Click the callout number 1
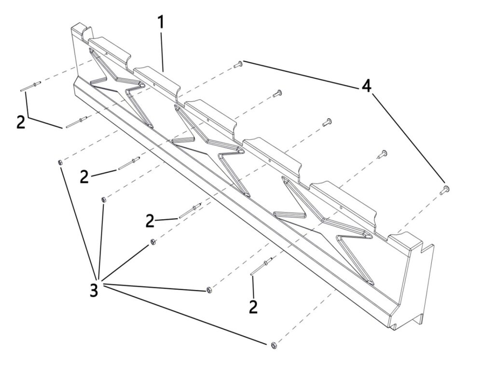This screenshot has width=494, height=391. tap(161, 22)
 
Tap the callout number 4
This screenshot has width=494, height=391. tap(366, 86)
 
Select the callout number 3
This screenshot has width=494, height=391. tap(94, 290)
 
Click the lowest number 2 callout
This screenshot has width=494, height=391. tap(253, 307)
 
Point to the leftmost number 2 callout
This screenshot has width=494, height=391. tap(21, 122)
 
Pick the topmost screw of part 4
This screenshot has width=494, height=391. tap(238, 64)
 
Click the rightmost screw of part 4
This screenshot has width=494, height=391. tap(444, 190)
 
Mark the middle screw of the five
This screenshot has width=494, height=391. tap(327, 122)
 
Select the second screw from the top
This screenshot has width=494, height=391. tap(277, 93)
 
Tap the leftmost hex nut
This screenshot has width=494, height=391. tap(59, 162)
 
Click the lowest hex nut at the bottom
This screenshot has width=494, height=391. tap(274, 345)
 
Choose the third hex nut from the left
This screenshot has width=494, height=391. tap(152, 242)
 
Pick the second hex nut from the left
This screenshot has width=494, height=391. tap(103, 199)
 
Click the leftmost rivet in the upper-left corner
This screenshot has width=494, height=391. tap(30, 87)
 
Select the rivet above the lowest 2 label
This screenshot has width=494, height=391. tap(261, 266)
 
